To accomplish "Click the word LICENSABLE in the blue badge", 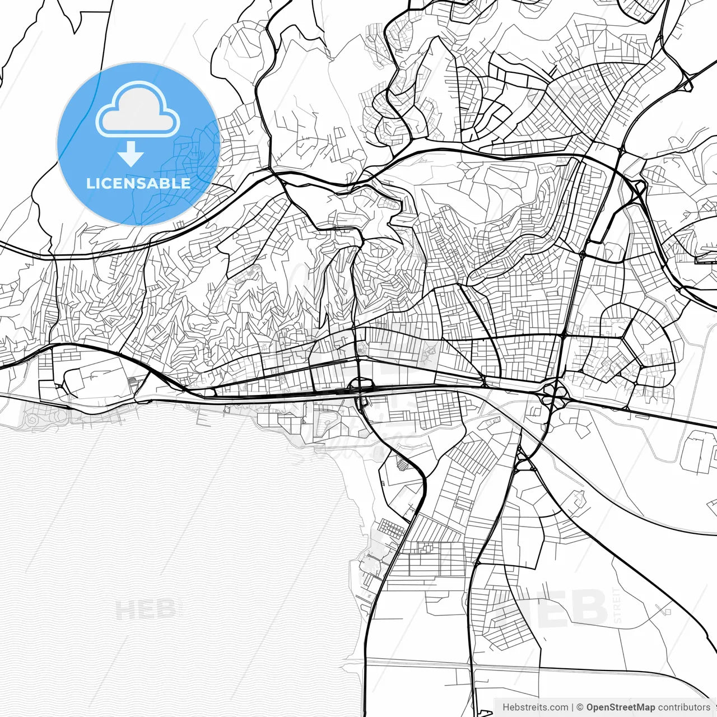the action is tap(138, 183).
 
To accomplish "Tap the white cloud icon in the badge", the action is tap(138, 112).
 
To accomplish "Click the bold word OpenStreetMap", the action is tap(621, 707).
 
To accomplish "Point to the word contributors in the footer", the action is tap(684, 707).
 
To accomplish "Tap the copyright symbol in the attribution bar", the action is tap(580, 707).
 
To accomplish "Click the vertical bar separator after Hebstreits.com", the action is tap(572, 707).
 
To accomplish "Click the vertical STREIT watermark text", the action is tap(618, 605).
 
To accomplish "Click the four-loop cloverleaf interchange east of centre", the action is tap(553, 392).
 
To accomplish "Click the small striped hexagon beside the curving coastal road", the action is tap(401, 464).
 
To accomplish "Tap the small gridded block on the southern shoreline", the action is tap(392, 528).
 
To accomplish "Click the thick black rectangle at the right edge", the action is tap(705, 259).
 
